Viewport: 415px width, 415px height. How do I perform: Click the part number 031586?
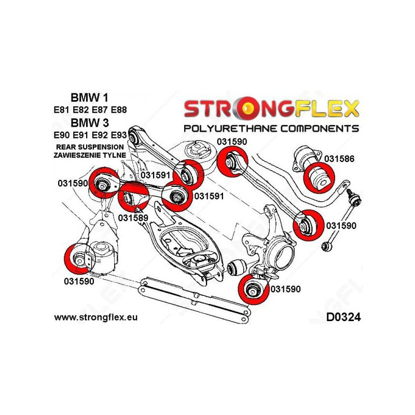pyautogui.click(x=340, y=159)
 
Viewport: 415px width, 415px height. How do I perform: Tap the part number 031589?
pyautogui.click(x=133, y=218)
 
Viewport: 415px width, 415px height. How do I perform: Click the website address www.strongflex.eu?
pyautogui.click(x=96, y=316)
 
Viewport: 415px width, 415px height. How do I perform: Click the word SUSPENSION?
pyautogui.click(x=101, y=147)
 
